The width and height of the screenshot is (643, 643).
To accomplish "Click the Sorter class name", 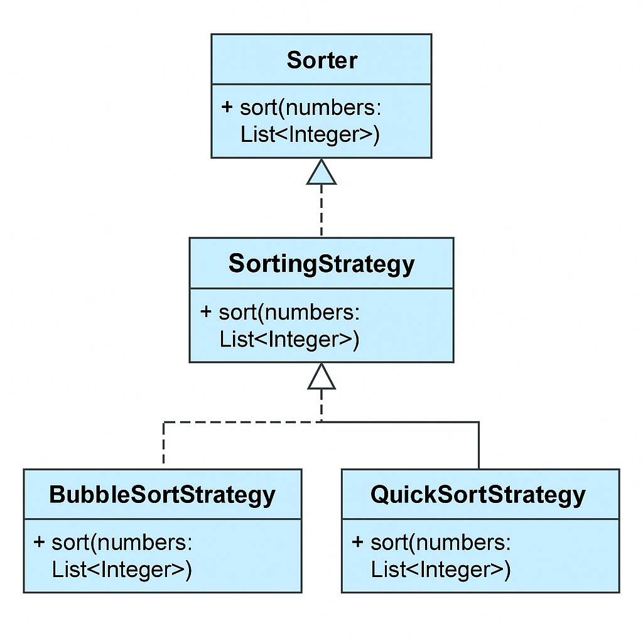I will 321,60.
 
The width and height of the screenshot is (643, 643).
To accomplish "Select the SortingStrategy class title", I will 321,264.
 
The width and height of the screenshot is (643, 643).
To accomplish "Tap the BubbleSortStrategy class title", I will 162,495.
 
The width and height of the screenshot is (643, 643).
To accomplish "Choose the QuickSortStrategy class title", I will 478,495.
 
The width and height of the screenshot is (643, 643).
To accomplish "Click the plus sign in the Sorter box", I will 227,107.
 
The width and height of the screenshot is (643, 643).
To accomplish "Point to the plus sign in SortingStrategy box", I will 206,311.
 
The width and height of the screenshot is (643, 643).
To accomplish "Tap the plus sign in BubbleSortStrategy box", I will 40,542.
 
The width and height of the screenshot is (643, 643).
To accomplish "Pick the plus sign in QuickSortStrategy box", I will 358,542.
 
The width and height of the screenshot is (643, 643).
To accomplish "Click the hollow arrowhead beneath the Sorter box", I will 321,173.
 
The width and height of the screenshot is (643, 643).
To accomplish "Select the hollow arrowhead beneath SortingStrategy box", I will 321,377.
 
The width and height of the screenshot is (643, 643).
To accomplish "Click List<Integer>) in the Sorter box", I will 310,135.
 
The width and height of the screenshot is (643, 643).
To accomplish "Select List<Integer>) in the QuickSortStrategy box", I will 441,570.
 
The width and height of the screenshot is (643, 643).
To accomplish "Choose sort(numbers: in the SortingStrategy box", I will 289,312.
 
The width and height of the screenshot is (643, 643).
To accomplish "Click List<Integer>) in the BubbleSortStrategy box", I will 122,570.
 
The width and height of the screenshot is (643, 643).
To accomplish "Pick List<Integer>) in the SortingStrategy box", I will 289,340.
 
